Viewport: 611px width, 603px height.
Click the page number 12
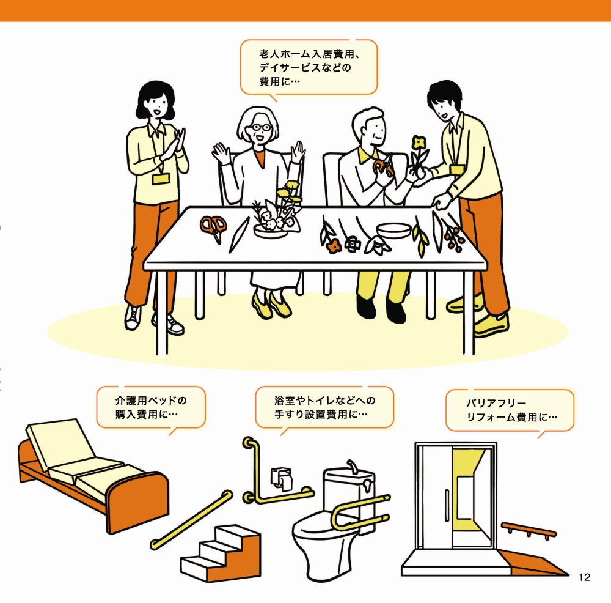coord(584,577)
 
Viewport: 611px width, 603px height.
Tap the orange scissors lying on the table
coord(213,226)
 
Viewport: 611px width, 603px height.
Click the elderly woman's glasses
coord(261,128)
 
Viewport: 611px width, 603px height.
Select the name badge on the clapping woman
coord(161,178)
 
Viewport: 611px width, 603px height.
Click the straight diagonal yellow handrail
coord(191,520)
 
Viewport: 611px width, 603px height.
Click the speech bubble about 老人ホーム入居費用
coord(309,67)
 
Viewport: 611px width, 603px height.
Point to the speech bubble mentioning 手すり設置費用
coord(324,407)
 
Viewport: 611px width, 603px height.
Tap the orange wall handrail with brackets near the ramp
coord(529,530)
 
